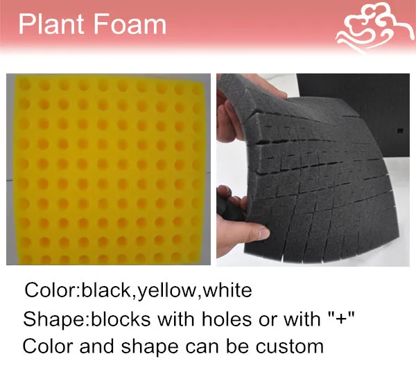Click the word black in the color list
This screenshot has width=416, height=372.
pos(107,290)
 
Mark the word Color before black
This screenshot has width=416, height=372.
pos(50,290)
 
